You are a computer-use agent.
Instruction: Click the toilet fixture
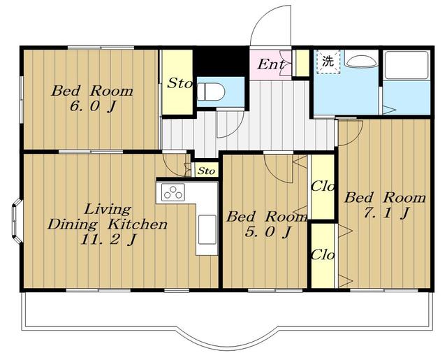211,92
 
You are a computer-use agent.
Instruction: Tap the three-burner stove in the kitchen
173,192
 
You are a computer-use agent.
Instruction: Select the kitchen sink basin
207,230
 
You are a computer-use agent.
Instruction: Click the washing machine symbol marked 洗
328,62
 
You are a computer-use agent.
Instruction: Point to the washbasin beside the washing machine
361,61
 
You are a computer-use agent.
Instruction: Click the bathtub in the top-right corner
406,65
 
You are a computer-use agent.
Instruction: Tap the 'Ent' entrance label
271,64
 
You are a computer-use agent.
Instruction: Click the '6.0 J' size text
93,106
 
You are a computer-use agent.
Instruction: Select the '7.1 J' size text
386,213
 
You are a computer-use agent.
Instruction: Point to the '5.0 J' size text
268,231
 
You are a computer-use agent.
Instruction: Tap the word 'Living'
108,210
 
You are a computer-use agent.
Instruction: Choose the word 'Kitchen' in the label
137,224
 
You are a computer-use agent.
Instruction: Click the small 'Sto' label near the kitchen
206,171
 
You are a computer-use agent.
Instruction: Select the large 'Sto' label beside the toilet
179,83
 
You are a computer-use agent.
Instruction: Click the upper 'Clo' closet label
323,187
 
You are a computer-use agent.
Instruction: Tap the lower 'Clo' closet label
323,254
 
